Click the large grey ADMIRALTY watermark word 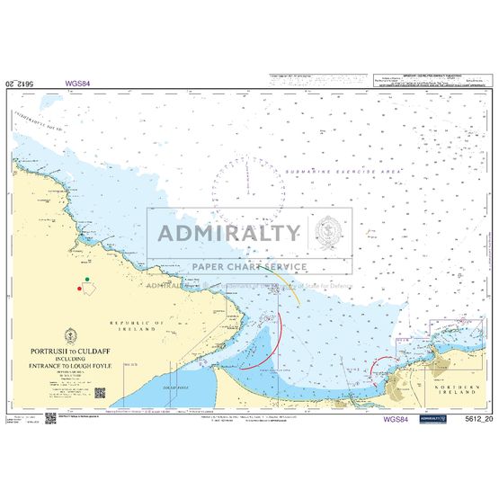(228, 234)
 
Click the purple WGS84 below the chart (395, 419)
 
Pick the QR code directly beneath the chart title (101, 393)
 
